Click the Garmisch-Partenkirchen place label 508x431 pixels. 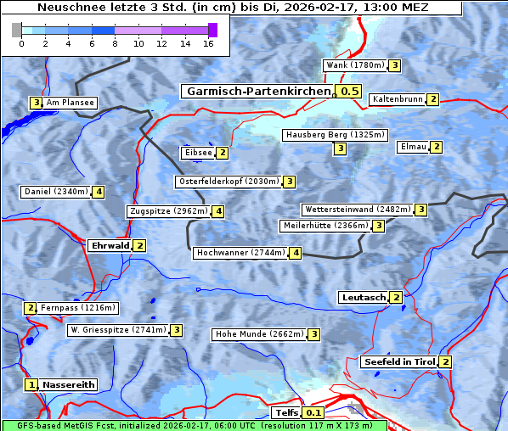click(257, 91)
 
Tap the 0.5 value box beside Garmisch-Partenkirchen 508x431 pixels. click(349, 91)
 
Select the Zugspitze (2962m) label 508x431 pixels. click(168, 211)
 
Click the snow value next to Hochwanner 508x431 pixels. click(296, 253)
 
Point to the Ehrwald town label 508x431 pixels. click(110, 246)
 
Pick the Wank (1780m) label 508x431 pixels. click(355, 65)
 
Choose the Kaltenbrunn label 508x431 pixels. click(397, 99)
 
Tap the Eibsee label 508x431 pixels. click(197, 153)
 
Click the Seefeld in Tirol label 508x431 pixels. click(399, 362)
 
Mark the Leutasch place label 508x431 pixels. click(363, 298)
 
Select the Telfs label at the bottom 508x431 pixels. click(285, 413)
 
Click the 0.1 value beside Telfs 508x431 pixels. click(313, 413)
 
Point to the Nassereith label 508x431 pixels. click(68, 384)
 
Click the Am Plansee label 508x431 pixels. click(70, 103)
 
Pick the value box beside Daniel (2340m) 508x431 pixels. click(99, 192)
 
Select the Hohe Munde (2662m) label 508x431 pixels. click(259, 334)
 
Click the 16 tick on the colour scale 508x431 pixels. click(208, 43)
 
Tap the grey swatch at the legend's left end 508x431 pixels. click(17, 30)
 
